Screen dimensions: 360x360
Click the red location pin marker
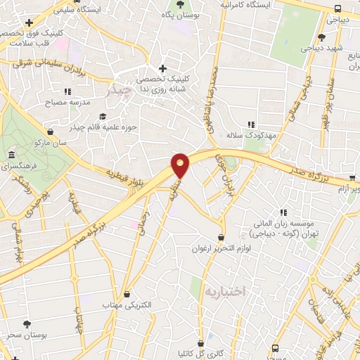(x=181, y=166)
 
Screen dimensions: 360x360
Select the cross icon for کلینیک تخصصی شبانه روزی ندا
(x=163, y=68)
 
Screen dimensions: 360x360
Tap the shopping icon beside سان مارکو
(x=50, y=131)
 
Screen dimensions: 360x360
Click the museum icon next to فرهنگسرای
(x=11, y=155)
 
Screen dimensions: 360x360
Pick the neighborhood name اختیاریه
(x=224, y=290)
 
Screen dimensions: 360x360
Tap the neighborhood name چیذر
(x=118, y=91)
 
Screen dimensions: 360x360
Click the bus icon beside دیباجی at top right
(x=339, y=9)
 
